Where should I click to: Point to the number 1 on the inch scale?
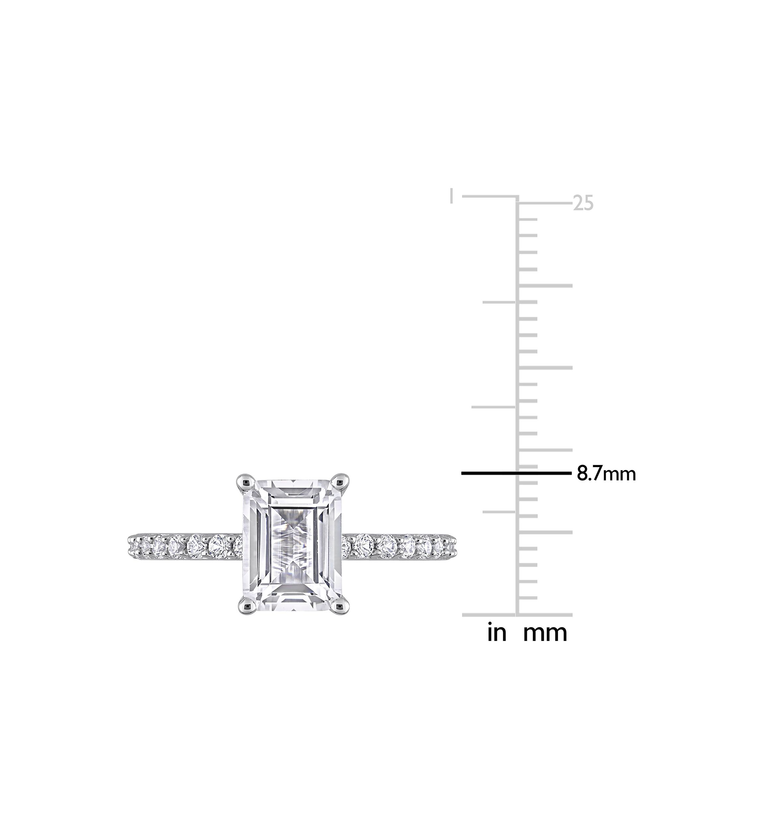click(452, 196)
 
